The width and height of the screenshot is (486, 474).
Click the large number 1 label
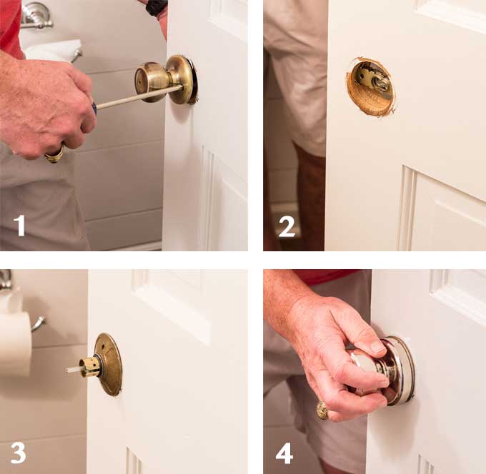19,226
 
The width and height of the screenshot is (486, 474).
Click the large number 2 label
287,227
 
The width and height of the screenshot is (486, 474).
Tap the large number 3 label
19,453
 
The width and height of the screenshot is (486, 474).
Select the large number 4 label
284,453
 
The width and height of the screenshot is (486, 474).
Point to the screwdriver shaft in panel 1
139,96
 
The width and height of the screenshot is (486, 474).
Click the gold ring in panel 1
54,156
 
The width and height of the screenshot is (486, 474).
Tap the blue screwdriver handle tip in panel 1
94,108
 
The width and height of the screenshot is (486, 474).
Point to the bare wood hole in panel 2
370,87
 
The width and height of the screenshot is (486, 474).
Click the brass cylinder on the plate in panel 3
89,367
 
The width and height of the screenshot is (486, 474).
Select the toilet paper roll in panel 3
16,343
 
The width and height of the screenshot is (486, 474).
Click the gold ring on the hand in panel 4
322,410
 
